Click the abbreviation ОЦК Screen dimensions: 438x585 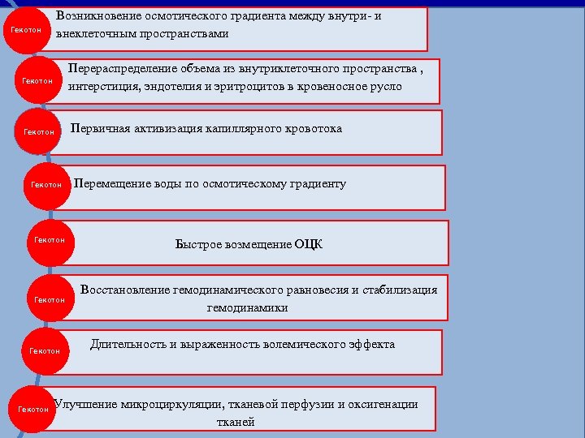(x=308, y=244)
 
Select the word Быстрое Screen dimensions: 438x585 (x=196, y=244)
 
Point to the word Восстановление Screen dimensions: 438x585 (x=123, y=290)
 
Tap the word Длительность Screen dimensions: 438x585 (x=128, y=344)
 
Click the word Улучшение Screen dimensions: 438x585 (x=85, y=404)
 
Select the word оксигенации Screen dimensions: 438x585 (x=382, y=404)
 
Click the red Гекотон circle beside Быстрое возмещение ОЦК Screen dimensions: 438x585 (x=50, y=240)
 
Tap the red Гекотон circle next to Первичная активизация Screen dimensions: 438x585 (x=39, y=131)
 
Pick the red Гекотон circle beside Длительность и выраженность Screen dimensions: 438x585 (x=45, y=350)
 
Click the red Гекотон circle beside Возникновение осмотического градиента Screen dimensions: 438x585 (x=26, y=30)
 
